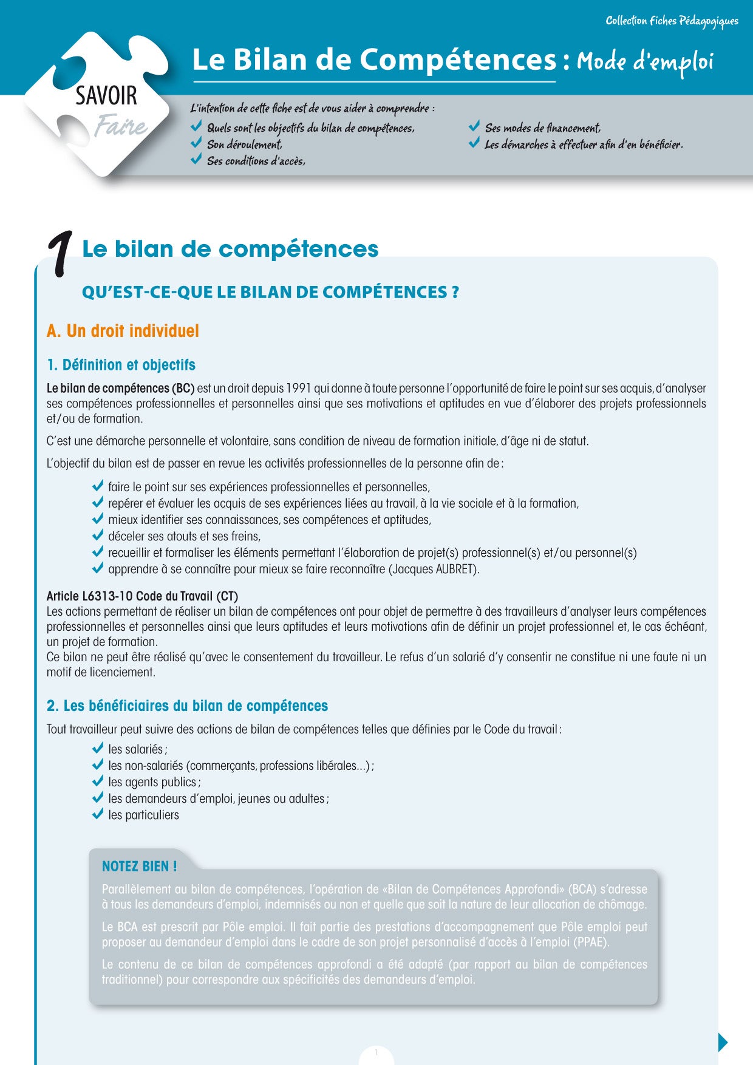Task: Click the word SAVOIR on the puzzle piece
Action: tap(106, 96)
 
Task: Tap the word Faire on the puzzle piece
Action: tap(121, 126)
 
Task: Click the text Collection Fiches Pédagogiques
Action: tap(672, 21)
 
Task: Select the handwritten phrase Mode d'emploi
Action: tap(644, 61)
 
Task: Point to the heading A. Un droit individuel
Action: tap(123, 331)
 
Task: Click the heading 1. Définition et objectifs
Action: tap(121, 365)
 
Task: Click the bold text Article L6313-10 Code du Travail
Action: tap(142, 596)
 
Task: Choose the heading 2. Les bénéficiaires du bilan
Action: tap(187, 706)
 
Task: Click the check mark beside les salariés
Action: tap(98, 749)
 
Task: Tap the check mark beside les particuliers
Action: tap(98, 814)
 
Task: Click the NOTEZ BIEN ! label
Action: tap(139, 866)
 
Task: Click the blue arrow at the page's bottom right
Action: tap(723, 1042)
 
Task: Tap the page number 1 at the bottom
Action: tap(376, 1052)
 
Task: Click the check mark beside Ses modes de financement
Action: tap(474, 127)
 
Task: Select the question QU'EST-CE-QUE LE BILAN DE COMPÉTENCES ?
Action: tap(270, 293)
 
